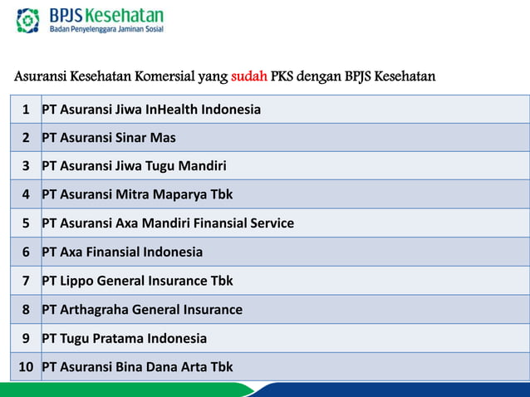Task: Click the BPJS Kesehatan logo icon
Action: point(27,20)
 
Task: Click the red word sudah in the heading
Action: point(249,78)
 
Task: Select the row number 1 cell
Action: point(26,110)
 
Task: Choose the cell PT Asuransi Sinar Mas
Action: point(109,138)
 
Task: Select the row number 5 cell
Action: point(26,223)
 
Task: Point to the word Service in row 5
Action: point(270,223)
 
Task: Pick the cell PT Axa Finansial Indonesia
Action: point(122,252)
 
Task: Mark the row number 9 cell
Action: point(26,339)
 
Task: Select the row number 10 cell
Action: point(26,367)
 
